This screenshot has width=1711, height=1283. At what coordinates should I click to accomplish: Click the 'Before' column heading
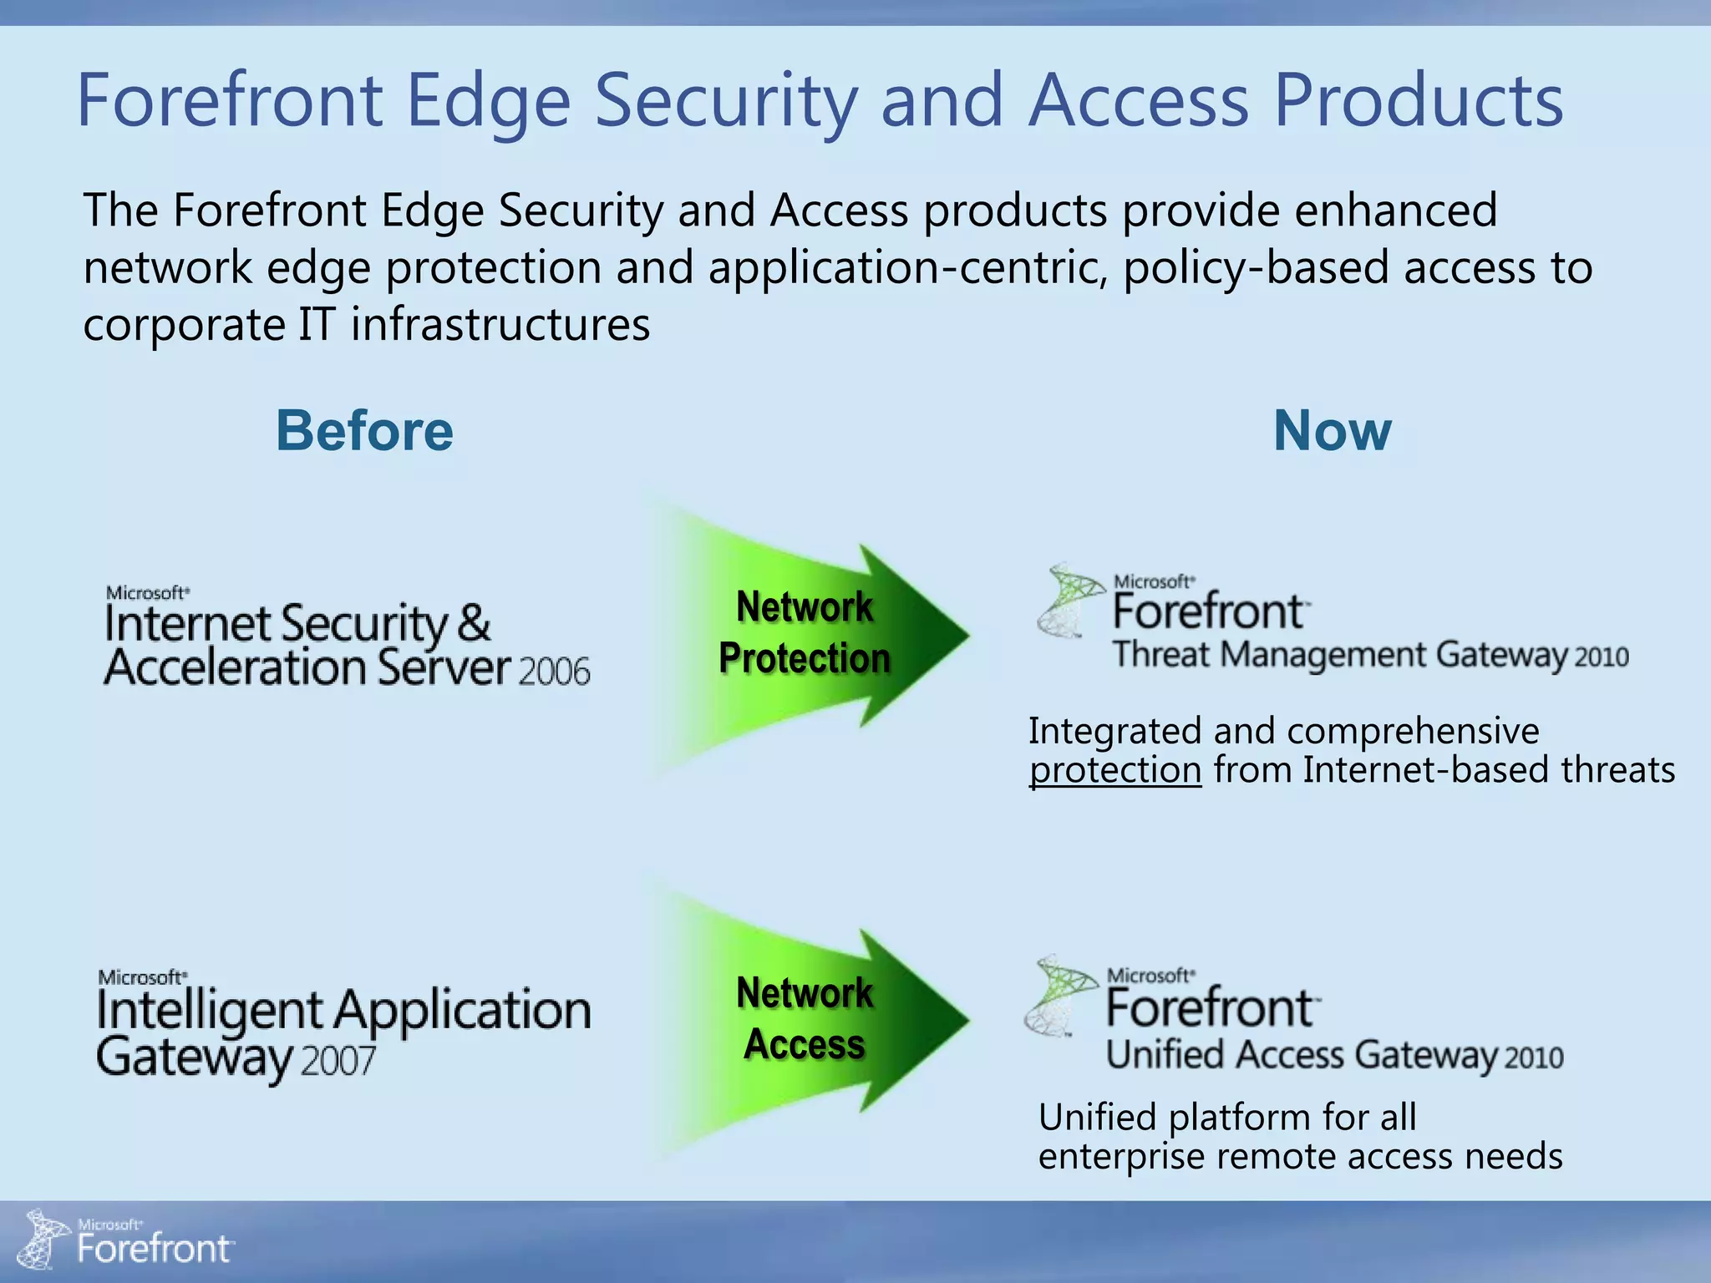tap(365, 431)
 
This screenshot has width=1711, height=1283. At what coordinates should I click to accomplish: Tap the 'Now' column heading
tap(1332, 431)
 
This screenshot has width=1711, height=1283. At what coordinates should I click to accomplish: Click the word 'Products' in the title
tap(1418, 100)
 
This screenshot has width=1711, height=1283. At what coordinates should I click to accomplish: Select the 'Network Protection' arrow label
tap(804, 632)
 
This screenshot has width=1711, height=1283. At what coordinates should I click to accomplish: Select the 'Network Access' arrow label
tap(804, 1018)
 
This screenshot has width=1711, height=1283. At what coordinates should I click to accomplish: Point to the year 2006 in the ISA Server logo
tap(554, 672)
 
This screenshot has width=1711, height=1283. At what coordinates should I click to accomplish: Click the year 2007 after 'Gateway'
tap(338, 1062)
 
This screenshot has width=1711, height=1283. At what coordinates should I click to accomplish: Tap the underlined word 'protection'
tap(1115, 770)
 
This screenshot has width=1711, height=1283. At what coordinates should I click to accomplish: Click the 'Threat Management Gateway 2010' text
tap(1370, 655)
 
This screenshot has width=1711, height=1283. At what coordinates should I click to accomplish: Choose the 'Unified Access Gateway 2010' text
tap(1334, 1056)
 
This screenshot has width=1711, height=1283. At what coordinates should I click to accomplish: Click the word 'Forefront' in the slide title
tap(229, 100)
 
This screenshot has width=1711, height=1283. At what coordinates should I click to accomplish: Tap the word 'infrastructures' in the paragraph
tap(500, 324)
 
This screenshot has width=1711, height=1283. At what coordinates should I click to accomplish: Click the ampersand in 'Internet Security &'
tap(473, 623)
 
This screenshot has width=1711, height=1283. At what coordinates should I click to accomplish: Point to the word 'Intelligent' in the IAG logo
tap(210, 1012)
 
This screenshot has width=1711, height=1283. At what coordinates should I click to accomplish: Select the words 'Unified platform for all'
tap(1226, 1117)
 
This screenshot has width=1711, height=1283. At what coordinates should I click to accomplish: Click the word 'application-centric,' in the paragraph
tap(909, 268)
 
